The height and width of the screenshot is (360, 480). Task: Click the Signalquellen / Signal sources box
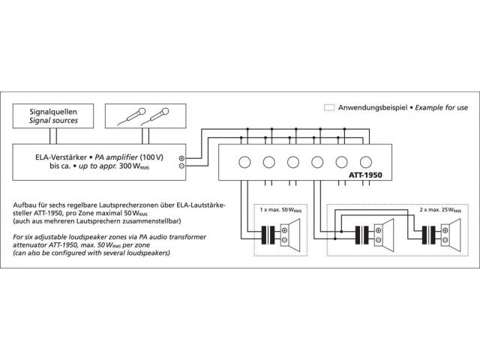click(x=53, y=116)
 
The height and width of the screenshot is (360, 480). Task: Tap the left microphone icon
click(x=132, y=115)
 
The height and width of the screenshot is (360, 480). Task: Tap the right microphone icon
click(x=156, y=116)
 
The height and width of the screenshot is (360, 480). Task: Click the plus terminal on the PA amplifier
click(x=181, y=158)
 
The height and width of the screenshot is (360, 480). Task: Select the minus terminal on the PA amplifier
click(x=181, y=166)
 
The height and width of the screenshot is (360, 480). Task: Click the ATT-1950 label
click(x=365, y=175)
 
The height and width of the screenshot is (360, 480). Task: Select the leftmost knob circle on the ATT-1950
click(x=244, y=162)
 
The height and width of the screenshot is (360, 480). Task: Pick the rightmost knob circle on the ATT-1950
click(x=366, y=162)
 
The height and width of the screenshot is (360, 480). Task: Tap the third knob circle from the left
click(x=293, y=162)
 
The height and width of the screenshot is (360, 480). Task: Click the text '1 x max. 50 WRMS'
click(x=280, y=210)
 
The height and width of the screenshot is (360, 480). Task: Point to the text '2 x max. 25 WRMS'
click(x=440, y=210)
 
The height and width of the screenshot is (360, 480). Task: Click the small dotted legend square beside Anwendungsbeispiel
click(x=329, y=107)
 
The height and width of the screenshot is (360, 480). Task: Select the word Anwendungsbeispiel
click(x=373, y=108)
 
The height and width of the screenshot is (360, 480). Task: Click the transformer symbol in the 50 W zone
click(x=268, y=235)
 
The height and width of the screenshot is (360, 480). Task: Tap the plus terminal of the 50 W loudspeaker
click(x=284, y=230)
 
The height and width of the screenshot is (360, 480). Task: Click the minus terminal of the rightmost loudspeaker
click(x=445, y=240)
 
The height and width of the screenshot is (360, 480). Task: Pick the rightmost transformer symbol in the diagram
click(x=428, y=235)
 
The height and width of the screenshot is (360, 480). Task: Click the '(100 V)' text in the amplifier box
click(x=151, y=157)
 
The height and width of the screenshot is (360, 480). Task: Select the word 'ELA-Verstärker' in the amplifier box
click(x=61, y=157)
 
